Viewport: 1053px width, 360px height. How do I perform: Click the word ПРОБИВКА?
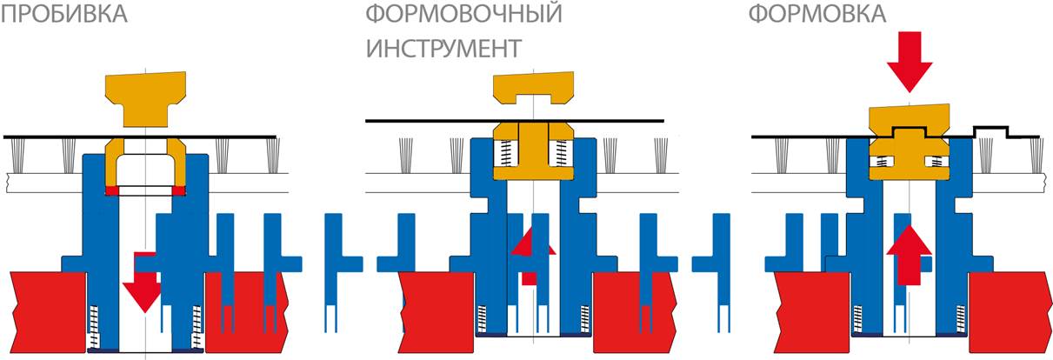click(x=65, y=14)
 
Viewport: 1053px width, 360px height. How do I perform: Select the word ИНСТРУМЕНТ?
click(x=443, y=48)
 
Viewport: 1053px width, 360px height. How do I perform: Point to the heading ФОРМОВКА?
click(x=818, y=14)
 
